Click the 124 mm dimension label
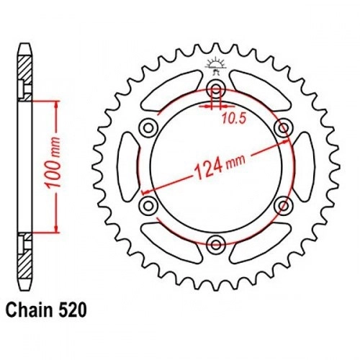point(220,166)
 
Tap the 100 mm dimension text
point(53,163)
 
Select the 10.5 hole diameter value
point(234,119)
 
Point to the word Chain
point(29,310)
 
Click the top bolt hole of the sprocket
point(216,89)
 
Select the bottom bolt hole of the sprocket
point(216,245)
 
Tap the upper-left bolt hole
point(149,127)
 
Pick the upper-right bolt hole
point(284,127)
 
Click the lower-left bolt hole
point(149,206)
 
